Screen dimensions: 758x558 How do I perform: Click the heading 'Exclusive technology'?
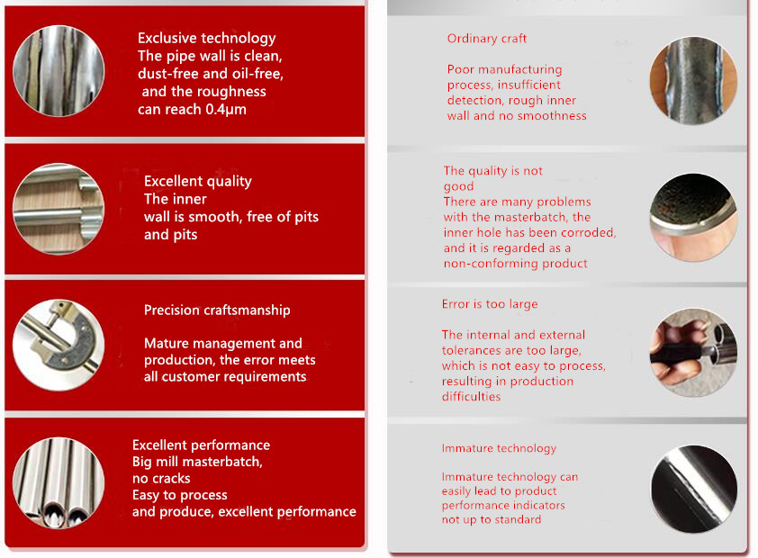pos(206,38)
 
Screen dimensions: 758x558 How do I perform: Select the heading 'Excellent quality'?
pos(198,181)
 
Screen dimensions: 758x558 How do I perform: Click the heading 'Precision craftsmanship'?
pos(217,310)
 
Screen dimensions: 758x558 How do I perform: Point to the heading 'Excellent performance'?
pos(201,445)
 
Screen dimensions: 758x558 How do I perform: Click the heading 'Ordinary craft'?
pos(487,39)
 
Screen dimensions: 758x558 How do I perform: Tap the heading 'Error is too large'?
pos(490,304)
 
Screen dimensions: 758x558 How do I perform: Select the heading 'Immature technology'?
pos(499,448)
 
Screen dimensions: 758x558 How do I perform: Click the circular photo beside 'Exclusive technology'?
pos(59,71)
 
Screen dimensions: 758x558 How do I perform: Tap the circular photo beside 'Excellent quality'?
pos(59,209)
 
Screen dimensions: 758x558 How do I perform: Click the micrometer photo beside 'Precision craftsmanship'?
pos(59,345)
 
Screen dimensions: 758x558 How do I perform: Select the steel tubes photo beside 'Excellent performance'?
pos(59,483)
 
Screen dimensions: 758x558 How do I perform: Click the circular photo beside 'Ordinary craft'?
pos(693,81)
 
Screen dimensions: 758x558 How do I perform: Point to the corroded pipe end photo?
pos(693,218)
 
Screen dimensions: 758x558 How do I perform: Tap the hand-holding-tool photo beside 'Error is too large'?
pos(693,353)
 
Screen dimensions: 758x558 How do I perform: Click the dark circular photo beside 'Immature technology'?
pos(693,489)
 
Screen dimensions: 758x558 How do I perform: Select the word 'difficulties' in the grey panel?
pos(472,397)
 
